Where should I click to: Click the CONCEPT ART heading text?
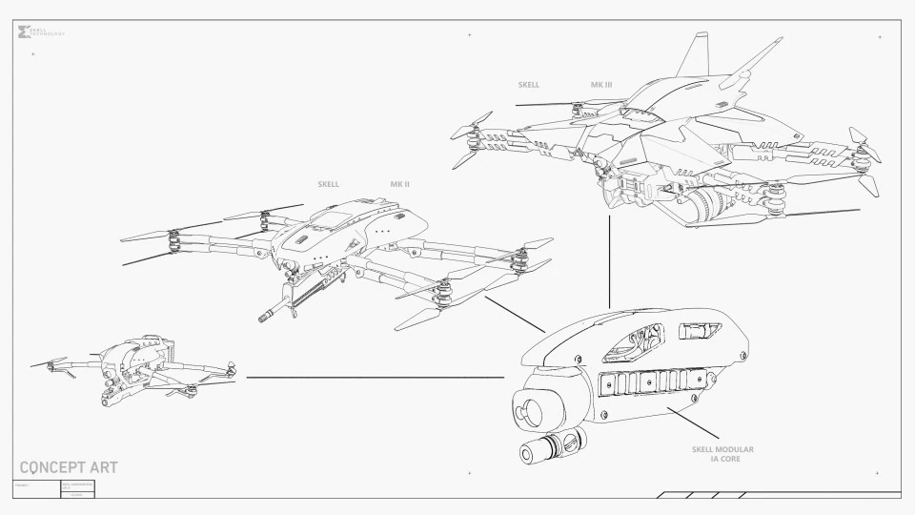pyautogui.click(x=69, y=467)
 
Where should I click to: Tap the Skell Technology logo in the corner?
pyautogui.click(x=26, y=33)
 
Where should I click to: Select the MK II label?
pyautogui.click(x=399, y=184)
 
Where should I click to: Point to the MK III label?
pyautogui.click(x=601, y=85)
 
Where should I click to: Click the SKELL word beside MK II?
pyautogui.click(x=328, y=184)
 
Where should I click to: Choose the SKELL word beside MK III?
pyautogui.click(x=528, y=85)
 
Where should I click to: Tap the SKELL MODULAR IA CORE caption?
pyautogui.click(x=722, y=454)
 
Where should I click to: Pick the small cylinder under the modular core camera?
pyautogui.click(x=549, y=448)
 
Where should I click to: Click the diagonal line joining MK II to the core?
pyautogui.click(x=515, y=314)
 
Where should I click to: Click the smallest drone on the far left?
pyautogui.click(x=138, y=370)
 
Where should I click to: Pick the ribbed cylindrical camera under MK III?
pyautogui.click(x=703, y=202)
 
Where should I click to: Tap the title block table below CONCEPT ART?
pyautogui.click(x=55, y=489)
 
